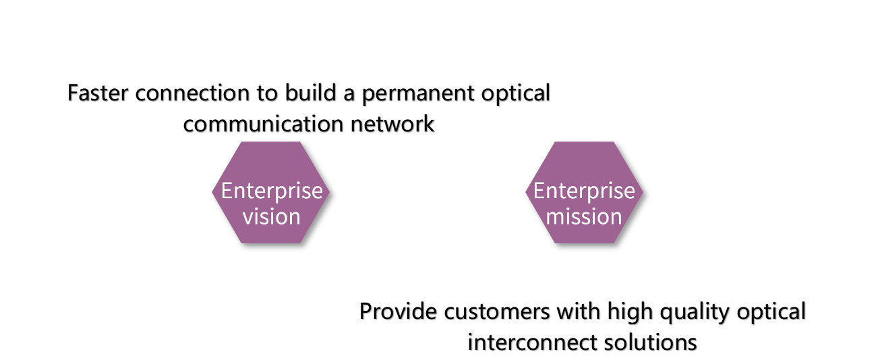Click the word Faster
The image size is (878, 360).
pyautogui.click(x=99, y=94)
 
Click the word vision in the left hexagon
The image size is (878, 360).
pyautogui.click(x=271, y=217)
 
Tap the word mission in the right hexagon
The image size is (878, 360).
pyautogui.click(x=584, y=217)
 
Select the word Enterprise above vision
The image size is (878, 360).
pyautogui.click(x=272, y=191)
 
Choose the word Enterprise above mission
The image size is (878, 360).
pyautogui.click(x=584, y=191)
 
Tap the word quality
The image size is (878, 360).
pyautogui.click(x=698, y=312)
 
